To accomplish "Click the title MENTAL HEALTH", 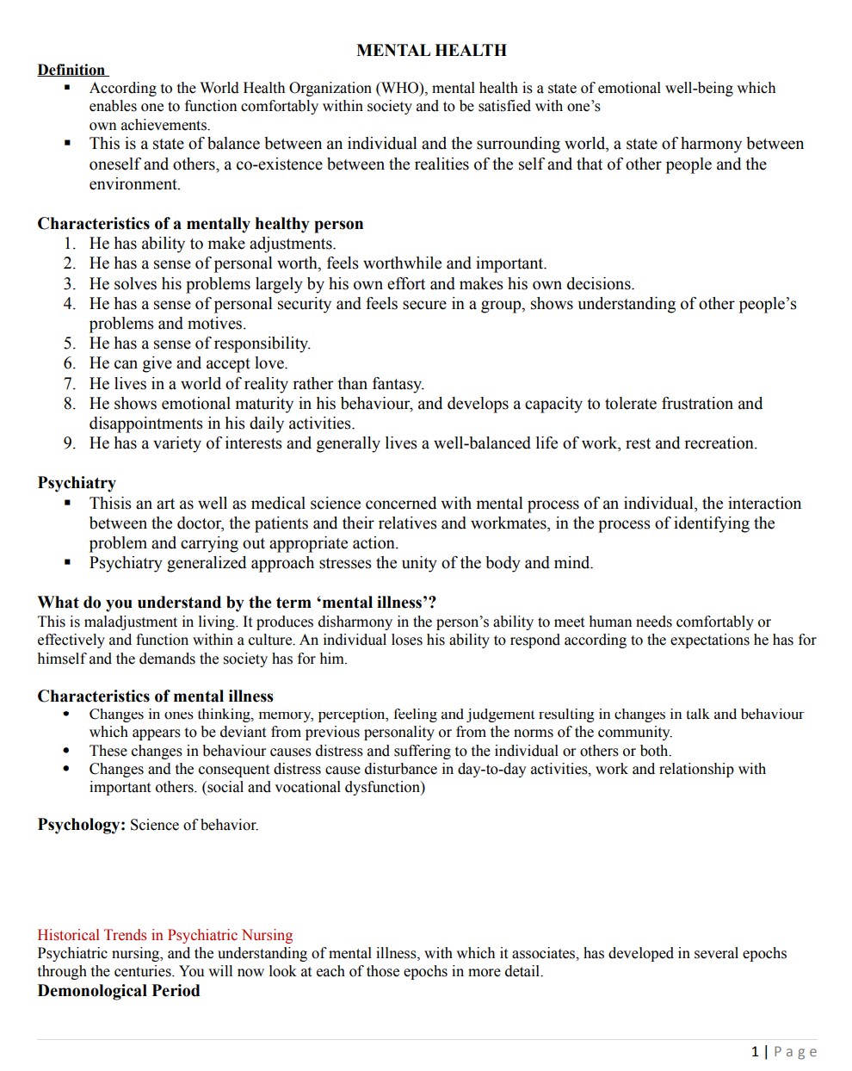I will [x=431, y=51].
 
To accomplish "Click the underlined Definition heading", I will [x=71, y=71].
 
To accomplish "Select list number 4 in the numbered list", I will [x=70, y=304].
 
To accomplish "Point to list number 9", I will [x=70, y=443].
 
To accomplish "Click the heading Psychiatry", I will [x=77, y=483].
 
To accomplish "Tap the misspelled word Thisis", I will [x=110, y=504].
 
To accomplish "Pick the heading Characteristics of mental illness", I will [x=155, y=696].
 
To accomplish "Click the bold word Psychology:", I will [x=82, y=825].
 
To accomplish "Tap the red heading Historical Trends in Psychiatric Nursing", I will [x=165, y=935].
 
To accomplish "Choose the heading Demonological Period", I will [x=119, y=991].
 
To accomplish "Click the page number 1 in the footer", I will [x=755, y=1051].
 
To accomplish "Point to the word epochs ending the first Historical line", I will [x=762, y=954].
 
